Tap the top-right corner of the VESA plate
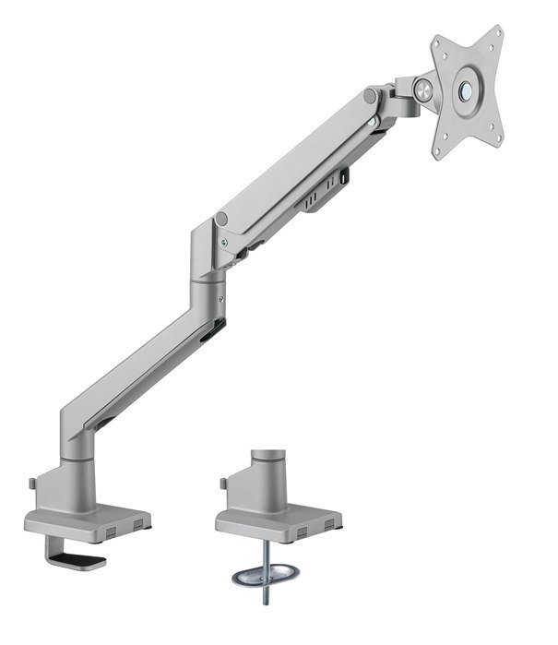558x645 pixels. pyautogui.click(x=499, y=30)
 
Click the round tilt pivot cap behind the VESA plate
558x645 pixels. pyautogui.click(x=423, y=90)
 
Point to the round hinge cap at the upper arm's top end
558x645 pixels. pyautogui.click(x=369, y=96)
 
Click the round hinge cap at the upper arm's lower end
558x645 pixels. pyautogui.click(x=221, y=220)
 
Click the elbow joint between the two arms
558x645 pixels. pyautogui.click(x=205, y=268)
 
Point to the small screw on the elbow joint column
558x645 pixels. pyautogui.click(x=221, y=297)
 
